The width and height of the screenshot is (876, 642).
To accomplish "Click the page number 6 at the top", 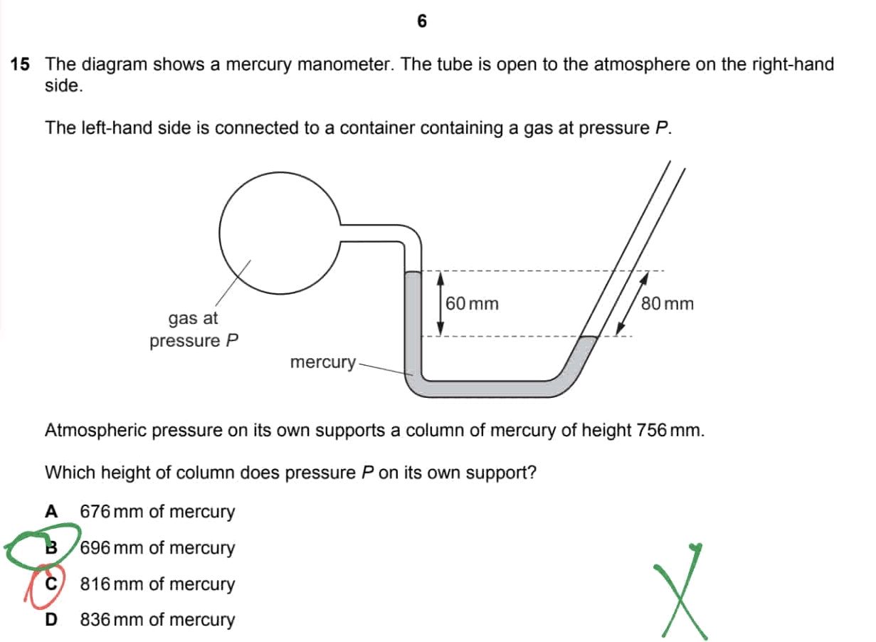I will click(x=422, y=22).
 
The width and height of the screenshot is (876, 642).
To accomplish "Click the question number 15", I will click(x=20, y=65).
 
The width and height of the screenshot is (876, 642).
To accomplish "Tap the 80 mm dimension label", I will click(x=667, y=304).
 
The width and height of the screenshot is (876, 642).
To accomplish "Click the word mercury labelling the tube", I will click(x=322, y=362).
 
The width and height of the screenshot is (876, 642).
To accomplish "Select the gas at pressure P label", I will click(x=194, y=329).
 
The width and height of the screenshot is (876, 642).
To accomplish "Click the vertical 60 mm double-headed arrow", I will click(x=440, y=303).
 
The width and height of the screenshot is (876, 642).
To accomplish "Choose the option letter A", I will click(x=51, y=511).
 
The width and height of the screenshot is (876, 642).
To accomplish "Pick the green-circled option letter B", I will click(x=51, y=547).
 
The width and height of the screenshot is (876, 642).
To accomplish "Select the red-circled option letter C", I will click(x=51, y=584).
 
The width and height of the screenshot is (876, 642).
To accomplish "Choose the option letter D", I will click(x=51, y=619).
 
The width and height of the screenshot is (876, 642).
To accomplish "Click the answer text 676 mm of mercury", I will click(x=157, y=511).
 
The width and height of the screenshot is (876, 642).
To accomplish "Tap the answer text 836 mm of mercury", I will click(x=157, y=619).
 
